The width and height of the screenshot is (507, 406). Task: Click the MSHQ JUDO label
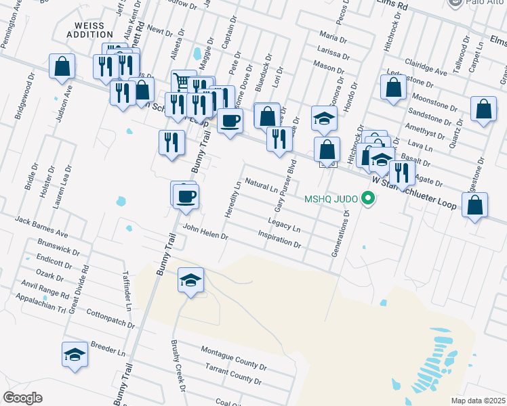(x=331, y=198)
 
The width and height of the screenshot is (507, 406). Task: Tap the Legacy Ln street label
(x=284, y=221)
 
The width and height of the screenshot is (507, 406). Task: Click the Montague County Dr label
(x=233, y=357)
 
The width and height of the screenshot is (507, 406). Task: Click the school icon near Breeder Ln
(x=75, y=354)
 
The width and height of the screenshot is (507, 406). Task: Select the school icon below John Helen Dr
(x=190, y=279)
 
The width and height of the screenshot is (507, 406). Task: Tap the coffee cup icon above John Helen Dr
(x=184, y=196)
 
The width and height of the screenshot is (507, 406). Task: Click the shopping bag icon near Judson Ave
(x=62, y=66)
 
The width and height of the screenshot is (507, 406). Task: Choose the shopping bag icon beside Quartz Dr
(x=483, y=110)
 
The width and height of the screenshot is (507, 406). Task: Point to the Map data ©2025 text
(x=478, y=401)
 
